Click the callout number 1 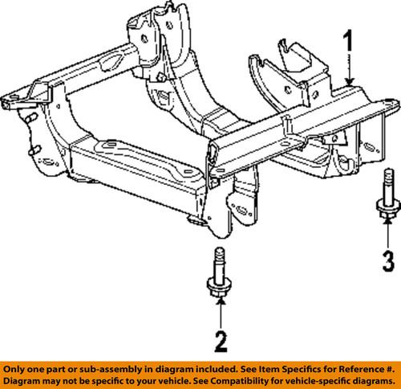347,41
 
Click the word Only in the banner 17,365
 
